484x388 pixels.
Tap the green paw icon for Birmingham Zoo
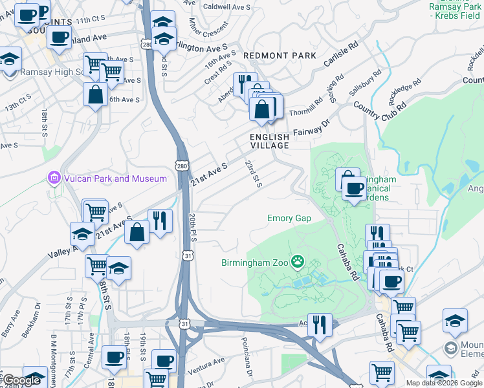(298, 262)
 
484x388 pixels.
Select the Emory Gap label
(289, 219)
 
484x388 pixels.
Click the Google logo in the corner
(21, 381)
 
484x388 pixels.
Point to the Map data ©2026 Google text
(444, 383)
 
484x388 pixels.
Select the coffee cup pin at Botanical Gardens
(354, 189)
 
